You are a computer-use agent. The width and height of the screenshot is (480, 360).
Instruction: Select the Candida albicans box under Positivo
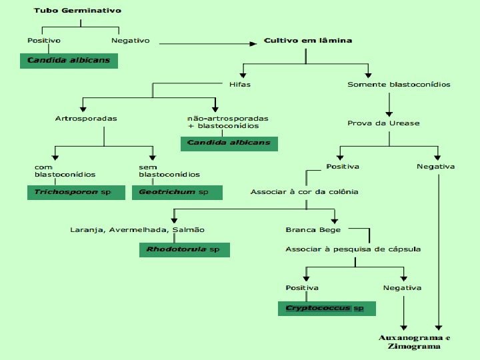pyautogui.click(x=69, y=61)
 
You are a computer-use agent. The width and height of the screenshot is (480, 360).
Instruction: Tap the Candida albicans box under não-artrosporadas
pyautogui.click(x=229, y=143)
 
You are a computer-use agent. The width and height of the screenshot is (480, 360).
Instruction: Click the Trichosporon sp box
pyautogui.click(x=76, y=192)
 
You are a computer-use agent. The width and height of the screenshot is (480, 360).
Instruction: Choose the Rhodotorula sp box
pyautogui.click(x=183, y=250)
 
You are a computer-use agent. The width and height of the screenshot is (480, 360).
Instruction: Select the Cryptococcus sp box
pyautogui.click(x=326, y=308)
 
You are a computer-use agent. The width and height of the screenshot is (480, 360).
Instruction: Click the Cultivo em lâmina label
pyautogui.click(x=308, y=41)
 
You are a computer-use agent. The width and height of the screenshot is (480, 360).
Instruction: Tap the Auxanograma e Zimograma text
pyautogui.click(x=410, y=342)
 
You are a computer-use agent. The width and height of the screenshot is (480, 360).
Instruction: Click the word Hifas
pyautogui.click(x=240, y=85)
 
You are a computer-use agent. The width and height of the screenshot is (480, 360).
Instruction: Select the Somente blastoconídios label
pyautogui.click(x=399, y=85)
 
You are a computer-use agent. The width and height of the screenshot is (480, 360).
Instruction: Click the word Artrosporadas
pyautogui.click(x=86, y=119)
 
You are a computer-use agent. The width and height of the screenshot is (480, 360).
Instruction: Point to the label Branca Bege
pyautogui.click(x=313, y=230)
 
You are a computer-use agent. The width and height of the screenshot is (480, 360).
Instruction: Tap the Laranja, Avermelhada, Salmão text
pyautogui.click(x=138, y=230)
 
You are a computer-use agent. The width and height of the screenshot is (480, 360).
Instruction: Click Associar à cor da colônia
pyautogui.click(x=305, y=192)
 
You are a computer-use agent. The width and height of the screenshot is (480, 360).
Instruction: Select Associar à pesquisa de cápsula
pyautogui.click(x=353, y=249)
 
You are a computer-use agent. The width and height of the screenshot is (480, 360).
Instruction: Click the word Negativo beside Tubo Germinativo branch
pyautogui.click(x=131, y=41)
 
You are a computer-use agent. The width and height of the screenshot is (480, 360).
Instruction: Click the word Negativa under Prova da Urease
pyautogui.click(x=435, y=166)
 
